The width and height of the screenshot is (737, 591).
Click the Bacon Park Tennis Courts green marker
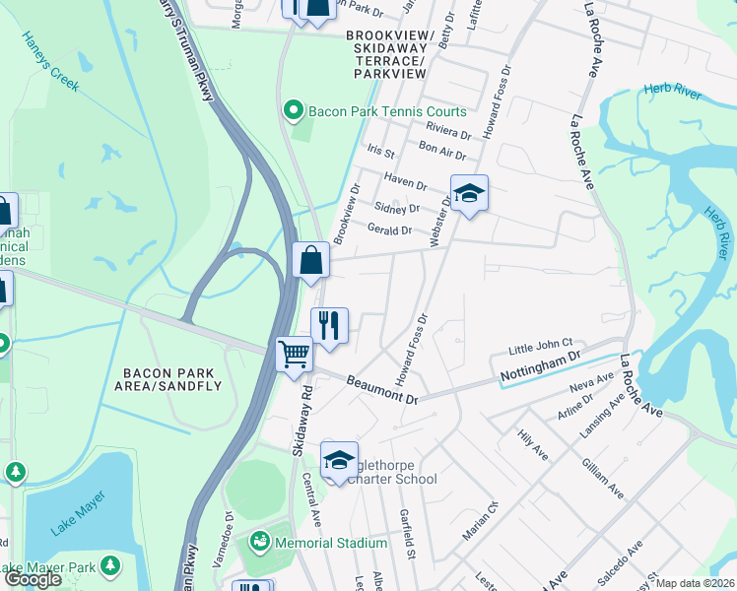[x=293, y=111]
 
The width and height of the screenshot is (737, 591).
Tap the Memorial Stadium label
[x=331, y=543]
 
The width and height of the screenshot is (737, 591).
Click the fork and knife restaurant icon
[x=329, y=324]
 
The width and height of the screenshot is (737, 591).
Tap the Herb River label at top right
[x=672, y=90]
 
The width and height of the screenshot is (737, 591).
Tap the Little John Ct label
[x=541, y=347]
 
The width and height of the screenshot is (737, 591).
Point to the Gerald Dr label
[x=389, y=230]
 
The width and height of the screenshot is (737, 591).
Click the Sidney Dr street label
[x=398, y=208]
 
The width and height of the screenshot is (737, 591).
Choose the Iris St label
[x=380, y=153]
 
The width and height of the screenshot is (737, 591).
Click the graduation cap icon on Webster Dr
[x=470, y=192]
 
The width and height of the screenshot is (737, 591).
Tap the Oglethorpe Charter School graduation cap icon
[x=339, y=459]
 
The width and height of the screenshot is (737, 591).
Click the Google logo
[x=33, y=579]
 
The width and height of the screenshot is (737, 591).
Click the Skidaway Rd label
[x=303, y=420]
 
